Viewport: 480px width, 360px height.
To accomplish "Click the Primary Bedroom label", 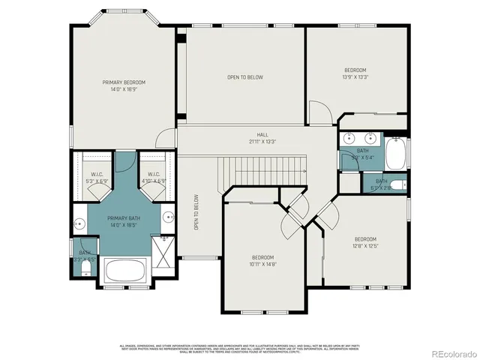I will pyautogui.click(x=124, y=85).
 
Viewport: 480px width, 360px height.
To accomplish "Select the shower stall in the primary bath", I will pyautogui.click(x=161, y=248).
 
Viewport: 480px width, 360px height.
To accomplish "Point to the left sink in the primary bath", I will pyautogui.click(x=79, y=223).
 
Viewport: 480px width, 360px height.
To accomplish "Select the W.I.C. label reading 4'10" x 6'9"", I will pyautogui.click(x=152, y=178).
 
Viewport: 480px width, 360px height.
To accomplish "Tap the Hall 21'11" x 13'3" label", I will pyautogui.click(x=262, y=138).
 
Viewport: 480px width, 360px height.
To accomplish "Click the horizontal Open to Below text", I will pyautogui.click(x=244, y=76).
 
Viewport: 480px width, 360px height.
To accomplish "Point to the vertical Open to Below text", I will pyautogui.click(x=196, y=212).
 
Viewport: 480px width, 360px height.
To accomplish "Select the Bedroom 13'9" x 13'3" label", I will pyautogui.click(x=355, y=73).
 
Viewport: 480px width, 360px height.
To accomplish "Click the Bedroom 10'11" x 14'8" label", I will pyautogui.click(x=264, y=260).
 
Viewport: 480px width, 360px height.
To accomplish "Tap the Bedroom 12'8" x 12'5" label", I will pyautogui.click(x=365, y=241).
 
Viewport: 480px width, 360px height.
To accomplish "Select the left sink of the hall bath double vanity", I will pyautogui.click(x=349, y=139).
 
